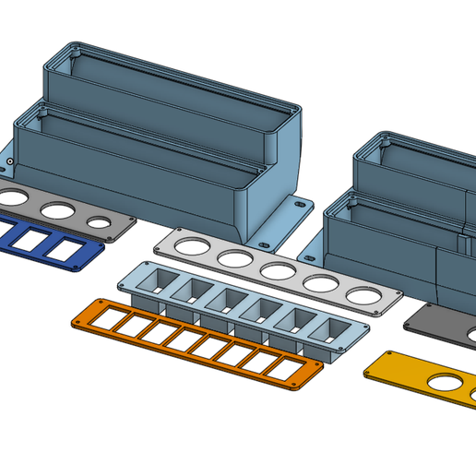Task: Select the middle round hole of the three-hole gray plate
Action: pos(57,209)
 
